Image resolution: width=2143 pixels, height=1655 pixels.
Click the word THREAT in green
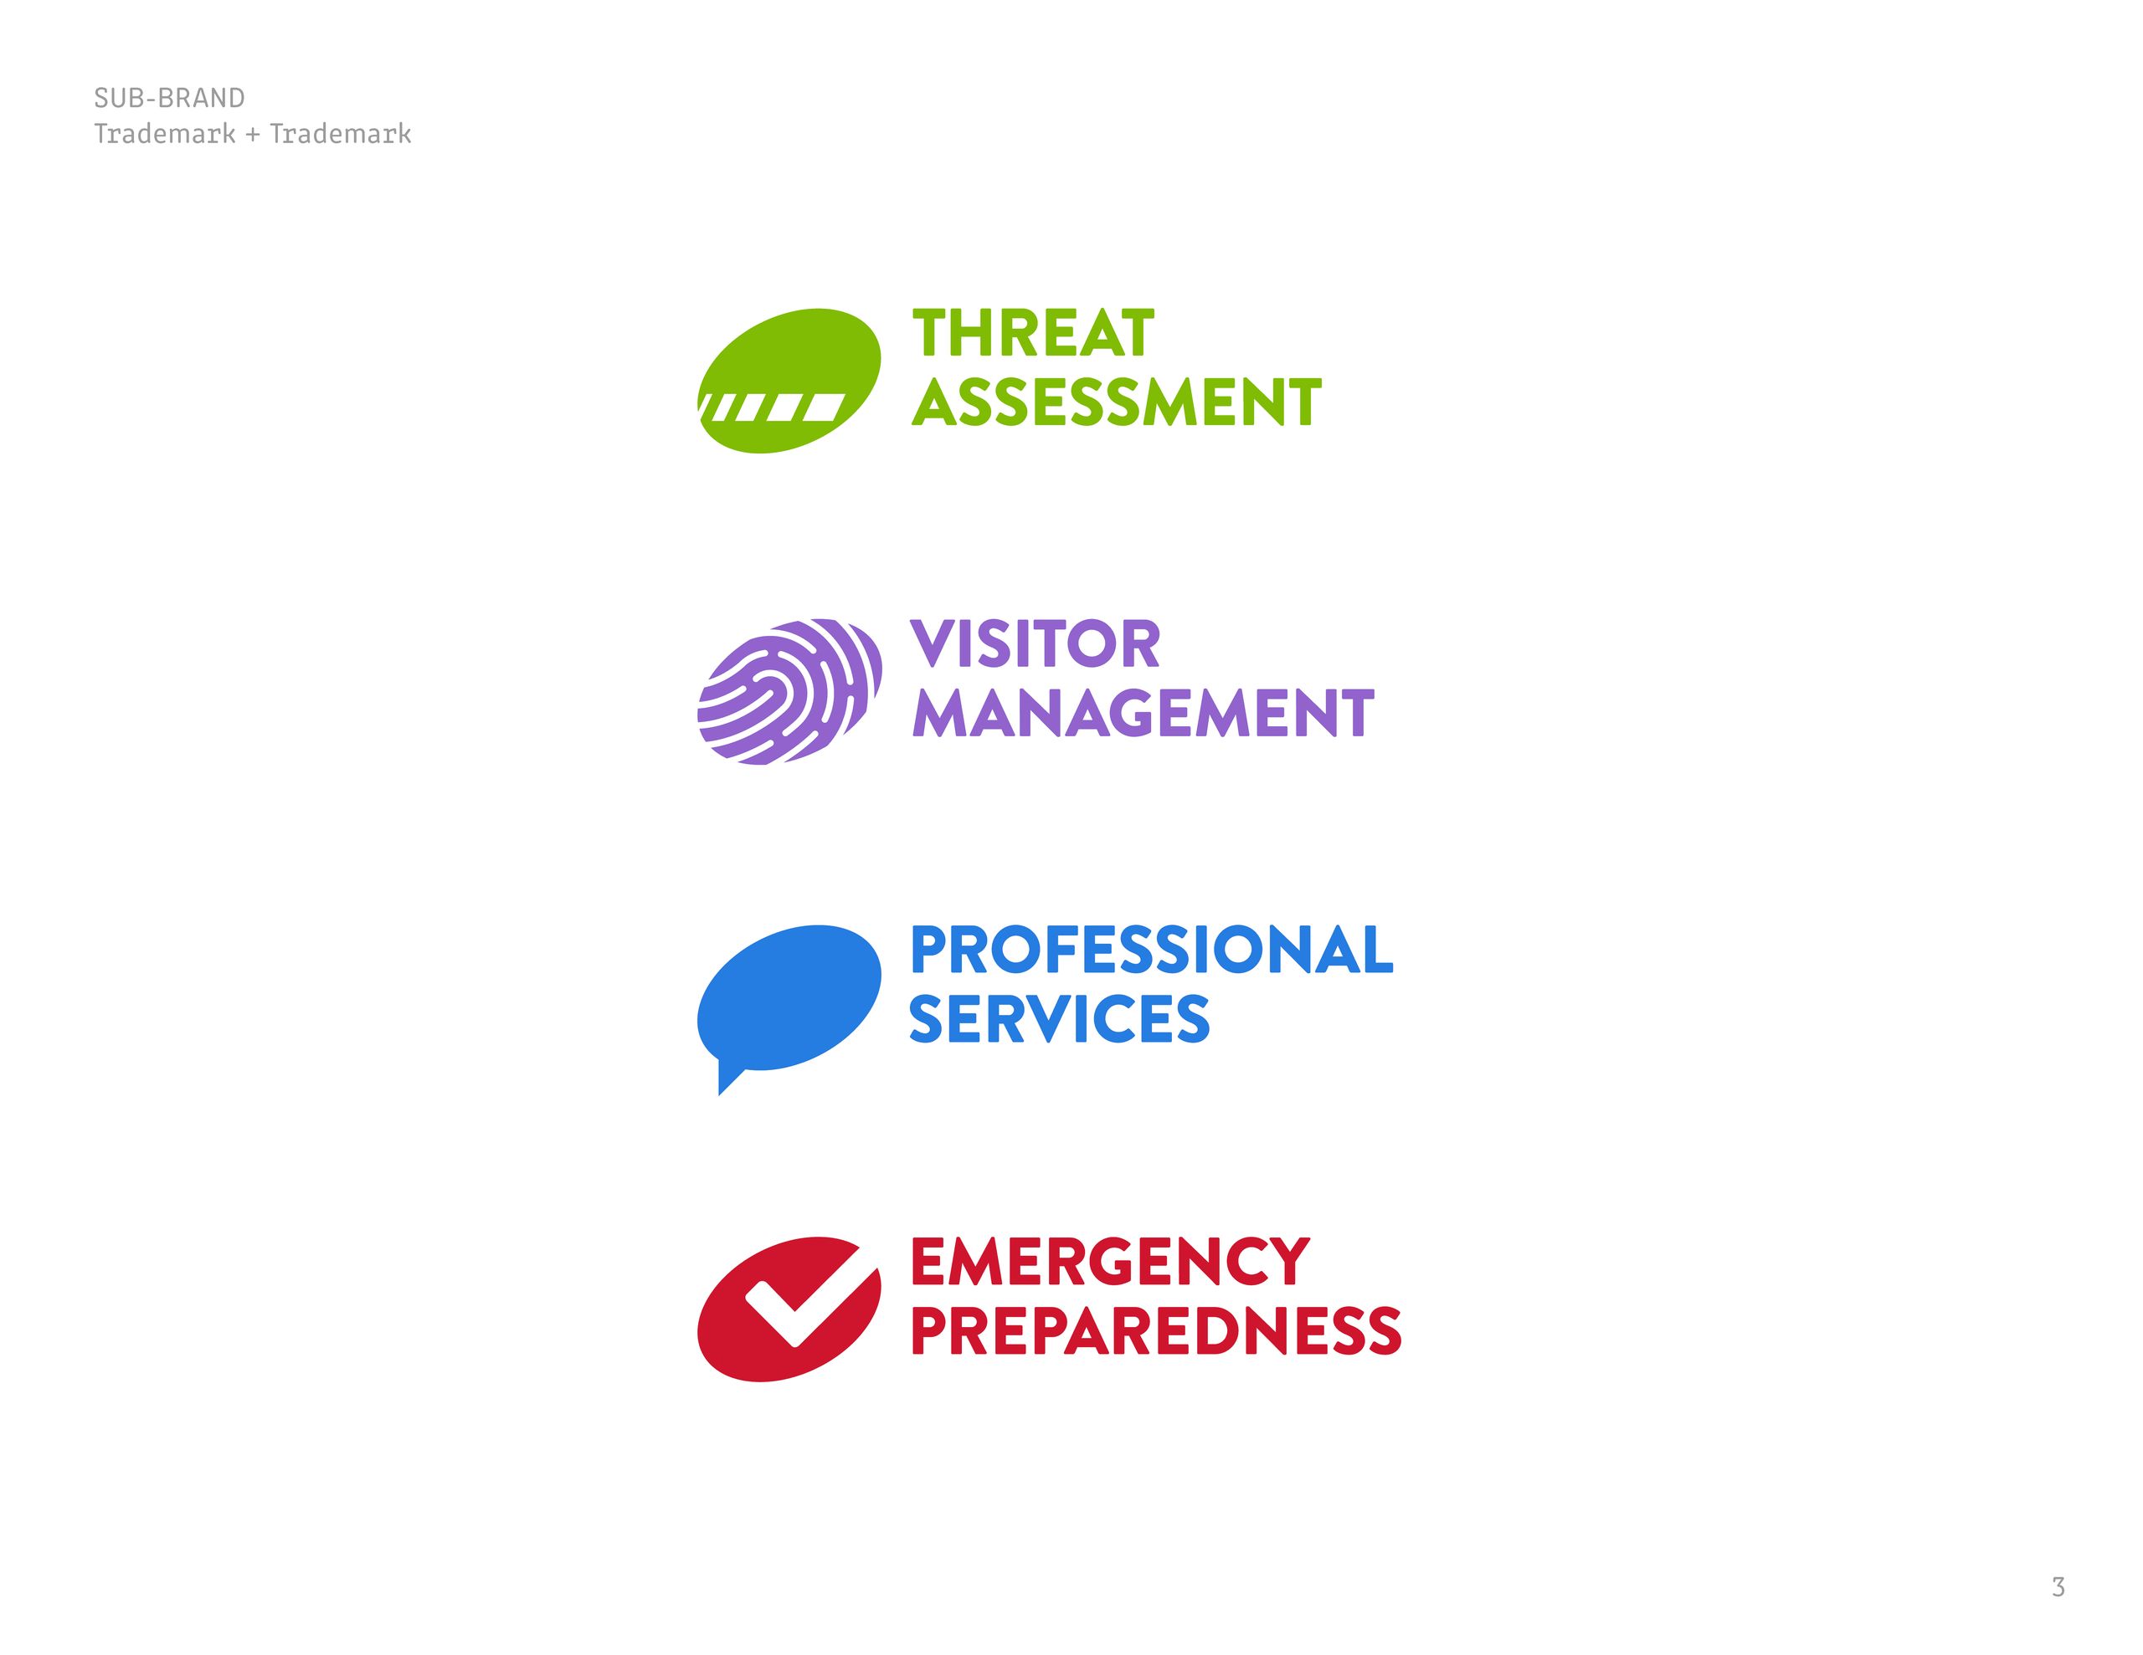(1032, 334)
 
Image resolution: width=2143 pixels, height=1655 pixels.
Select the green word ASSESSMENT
(1116, 402)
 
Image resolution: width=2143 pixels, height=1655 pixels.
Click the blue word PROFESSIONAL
(1151, 950)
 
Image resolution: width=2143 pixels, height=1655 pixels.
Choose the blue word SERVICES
(1059, 1019)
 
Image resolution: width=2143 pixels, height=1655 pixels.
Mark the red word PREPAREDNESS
(1156, 1330)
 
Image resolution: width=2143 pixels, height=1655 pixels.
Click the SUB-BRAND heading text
(169, 98)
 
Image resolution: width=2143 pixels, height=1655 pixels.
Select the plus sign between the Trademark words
(252, 135)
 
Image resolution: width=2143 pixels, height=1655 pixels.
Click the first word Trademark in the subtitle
(164, 135)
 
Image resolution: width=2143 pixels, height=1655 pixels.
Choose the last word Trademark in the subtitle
(341, 135)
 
